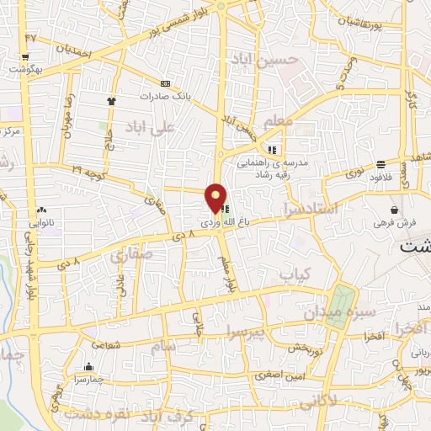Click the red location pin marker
[x=216, y=196]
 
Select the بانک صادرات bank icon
[x=165, y=83]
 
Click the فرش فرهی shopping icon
[x=394, y=209]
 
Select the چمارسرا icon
[x=89, y=366]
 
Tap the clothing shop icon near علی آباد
[x=110, y=101]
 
